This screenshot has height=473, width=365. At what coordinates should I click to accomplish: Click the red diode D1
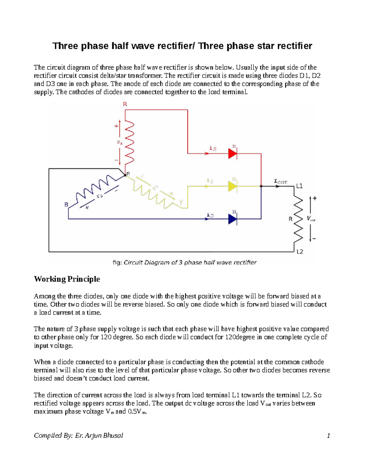click(233, 154)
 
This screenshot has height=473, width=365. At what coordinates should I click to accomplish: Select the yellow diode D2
click(233, 186)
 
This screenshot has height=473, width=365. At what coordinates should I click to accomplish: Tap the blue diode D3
click(233, 219)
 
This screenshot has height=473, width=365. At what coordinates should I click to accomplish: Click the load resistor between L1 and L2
click(298, 219)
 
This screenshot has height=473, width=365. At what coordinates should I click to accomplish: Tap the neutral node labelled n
click(126, 175)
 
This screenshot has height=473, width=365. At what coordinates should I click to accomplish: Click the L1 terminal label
click(299, 186)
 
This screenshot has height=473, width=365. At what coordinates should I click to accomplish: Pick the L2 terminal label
click(300, 252)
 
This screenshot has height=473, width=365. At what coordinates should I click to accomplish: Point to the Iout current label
click(280, 182)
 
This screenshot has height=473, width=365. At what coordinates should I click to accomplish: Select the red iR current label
click(213, 149)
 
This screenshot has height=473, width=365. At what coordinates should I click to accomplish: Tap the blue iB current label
click(210, 215)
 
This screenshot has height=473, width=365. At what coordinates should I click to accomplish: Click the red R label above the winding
click(125, 104)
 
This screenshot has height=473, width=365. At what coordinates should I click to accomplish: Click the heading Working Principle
click(67, 279)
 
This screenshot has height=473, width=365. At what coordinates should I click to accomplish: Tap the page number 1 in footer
click(328, 436)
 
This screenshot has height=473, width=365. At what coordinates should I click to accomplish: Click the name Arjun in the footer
click(93, 436)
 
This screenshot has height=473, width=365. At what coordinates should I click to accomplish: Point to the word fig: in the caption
click(117, 263)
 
